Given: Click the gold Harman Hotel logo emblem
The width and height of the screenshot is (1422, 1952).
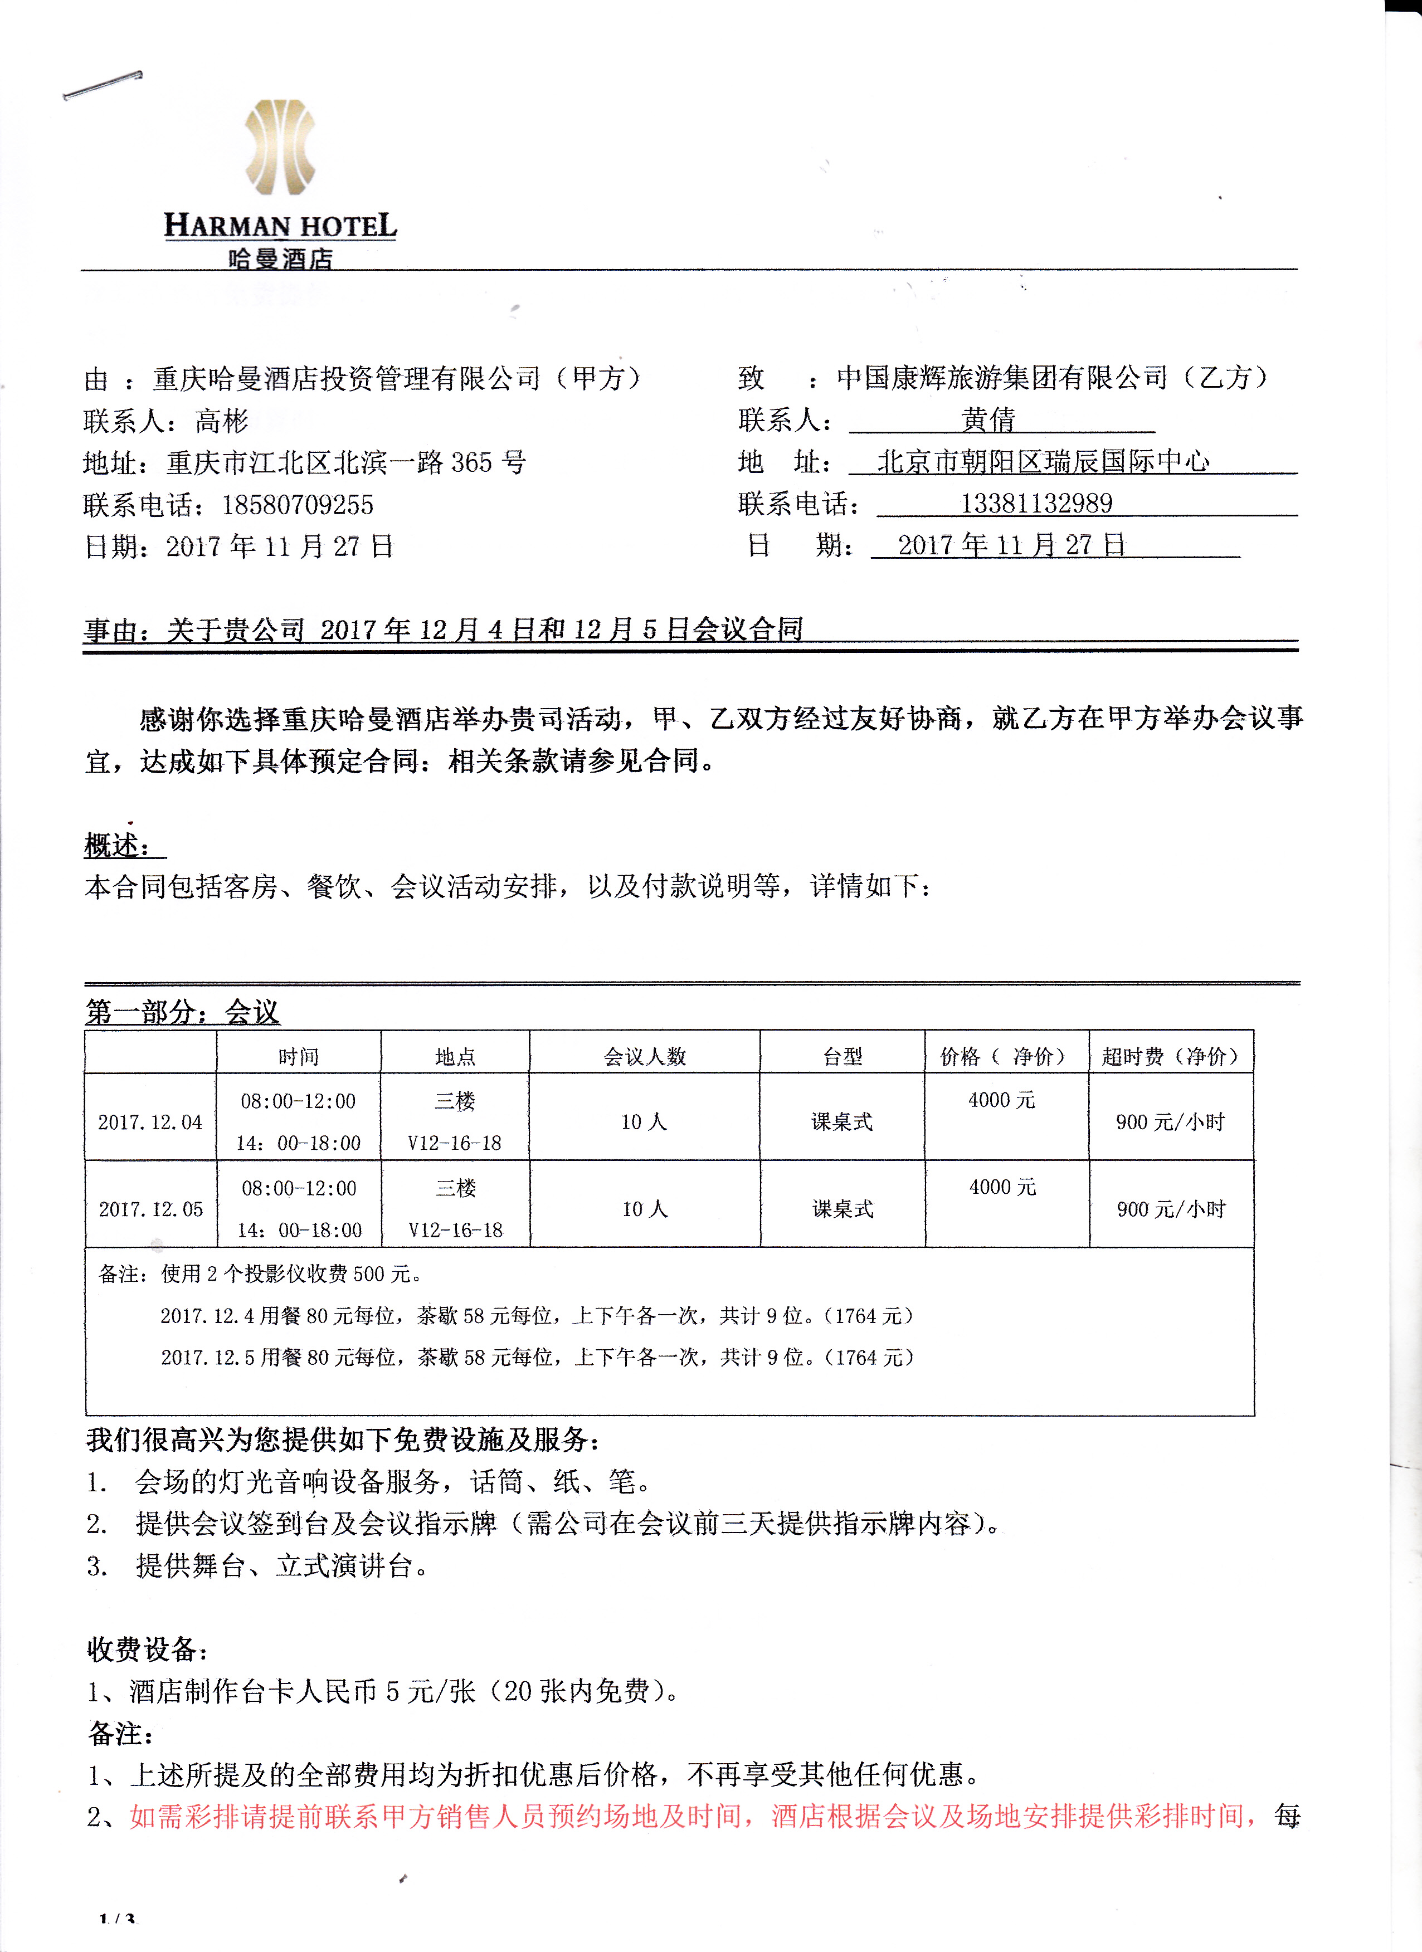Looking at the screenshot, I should click(280, 147).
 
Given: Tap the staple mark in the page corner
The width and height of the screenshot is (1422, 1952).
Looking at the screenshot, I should click(103, 85).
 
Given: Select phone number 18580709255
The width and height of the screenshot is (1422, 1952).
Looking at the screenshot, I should click(297, 505).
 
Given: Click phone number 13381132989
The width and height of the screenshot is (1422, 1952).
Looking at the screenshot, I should click(1036, 504).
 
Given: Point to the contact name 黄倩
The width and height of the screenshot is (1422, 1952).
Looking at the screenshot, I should click(988, 420).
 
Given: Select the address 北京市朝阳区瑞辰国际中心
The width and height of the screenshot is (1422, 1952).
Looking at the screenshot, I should click(1043, 462).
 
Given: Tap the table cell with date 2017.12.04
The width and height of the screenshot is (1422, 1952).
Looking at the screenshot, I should click(150, 1123).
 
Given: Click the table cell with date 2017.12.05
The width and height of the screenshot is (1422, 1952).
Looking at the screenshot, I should click(150, 1209).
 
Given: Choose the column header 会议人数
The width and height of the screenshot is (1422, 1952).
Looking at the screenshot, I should click(645, 1056).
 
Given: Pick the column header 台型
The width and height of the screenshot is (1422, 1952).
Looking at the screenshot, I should click(842, 1056).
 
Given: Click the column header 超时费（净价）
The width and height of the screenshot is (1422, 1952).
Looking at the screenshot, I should click(1171, 1056).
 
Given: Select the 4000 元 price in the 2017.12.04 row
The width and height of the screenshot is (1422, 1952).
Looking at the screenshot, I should click(1001, 1100).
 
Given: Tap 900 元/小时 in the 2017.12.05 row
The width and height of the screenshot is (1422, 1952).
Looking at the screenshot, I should click(1171, 1209).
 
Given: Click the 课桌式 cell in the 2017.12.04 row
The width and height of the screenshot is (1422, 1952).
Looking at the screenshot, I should click(842, 1123).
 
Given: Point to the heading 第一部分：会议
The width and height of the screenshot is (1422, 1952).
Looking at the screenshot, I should click(182, 1012).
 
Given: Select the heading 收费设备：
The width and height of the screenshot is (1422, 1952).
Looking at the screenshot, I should click(147, 1650).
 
